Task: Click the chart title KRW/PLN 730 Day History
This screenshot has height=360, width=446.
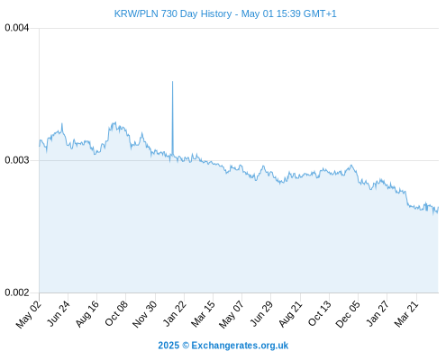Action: (173, 13)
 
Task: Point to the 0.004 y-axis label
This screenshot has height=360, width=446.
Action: (17, 28)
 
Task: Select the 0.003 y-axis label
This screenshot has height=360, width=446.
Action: (17, 160)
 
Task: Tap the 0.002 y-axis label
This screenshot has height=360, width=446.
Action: (17, 292)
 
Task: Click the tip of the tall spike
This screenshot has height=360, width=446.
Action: (172, 81)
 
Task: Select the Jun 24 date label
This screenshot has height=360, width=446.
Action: (59, 314)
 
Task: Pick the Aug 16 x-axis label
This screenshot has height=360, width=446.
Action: (86, 314)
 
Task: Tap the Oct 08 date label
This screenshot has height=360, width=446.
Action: (116, 314)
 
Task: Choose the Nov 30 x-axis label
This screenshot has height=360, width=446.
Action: (144, 314)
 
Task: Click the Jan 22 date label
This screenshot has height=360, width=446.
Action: (174, 314)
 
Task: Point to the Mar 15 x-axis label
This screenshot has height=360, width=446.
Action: (203, 314)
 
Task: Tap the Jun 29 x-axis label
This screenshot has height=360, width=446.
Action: (261, 314)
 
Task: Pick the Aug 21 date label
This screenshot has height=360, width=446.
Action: (290, 314)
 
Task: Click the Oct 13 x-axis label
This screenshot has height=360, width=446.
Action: (319, 314)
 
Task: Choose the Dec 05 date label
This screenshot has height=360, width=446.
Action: (348, 314)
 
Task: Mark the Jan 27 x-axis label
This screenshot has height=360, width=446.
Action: (378, 314)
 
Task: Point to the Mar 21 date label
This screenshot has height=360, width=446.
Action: (406, 314)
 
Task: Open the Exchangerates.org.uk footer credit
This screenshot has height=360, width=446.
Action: (240, 346)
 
